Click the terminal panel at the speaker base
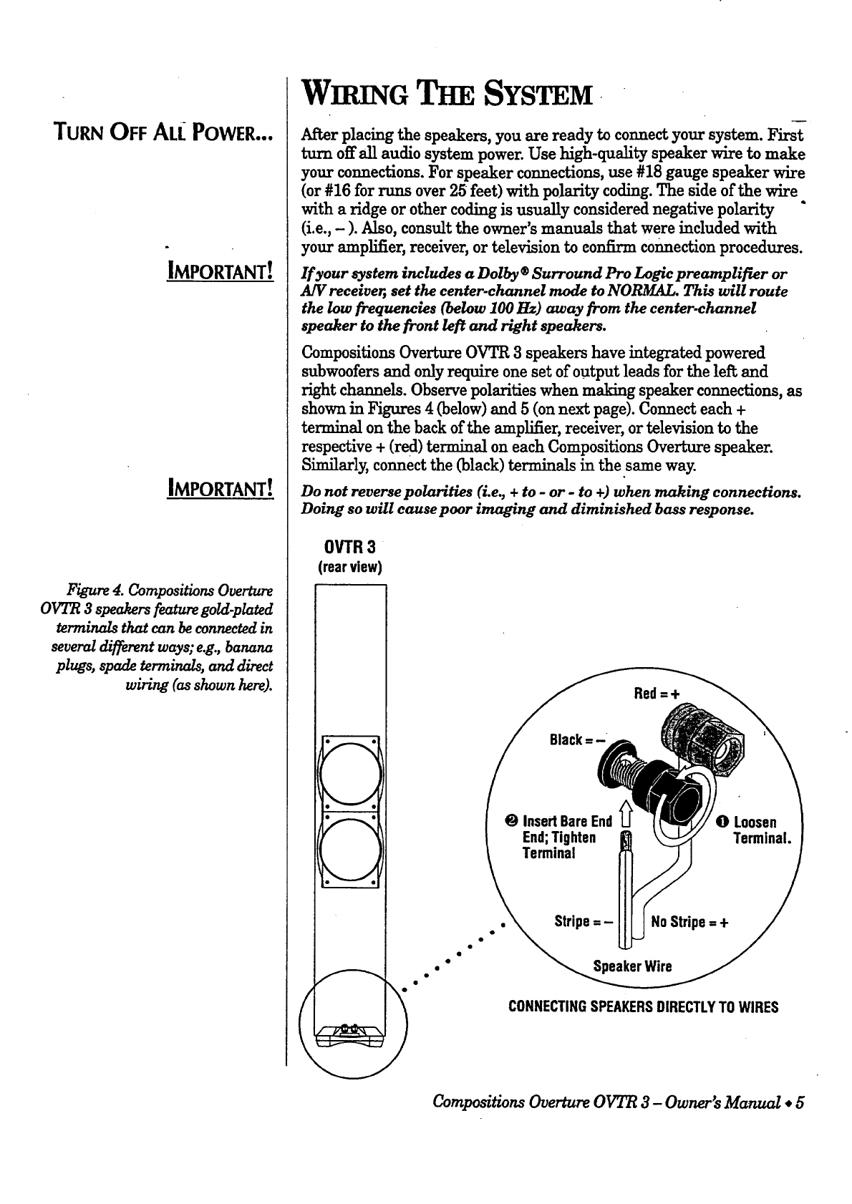point(350,1032)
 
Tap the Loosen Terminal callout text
point(756,830)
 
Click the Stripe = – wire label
point(584,921)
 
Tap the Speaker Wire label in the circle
point(633,967)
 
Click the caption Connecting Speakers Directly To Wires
point(643,1007)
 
